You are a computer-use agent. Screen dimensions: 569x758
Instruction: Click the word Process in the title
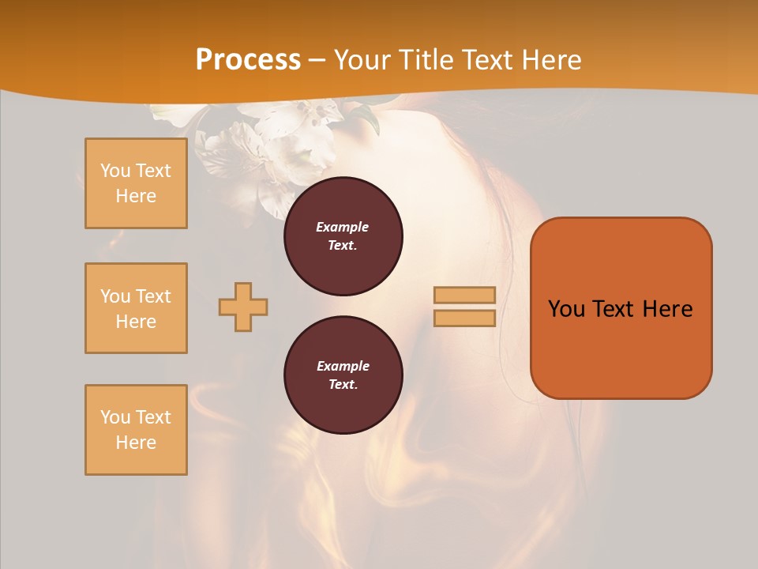pos(248,60)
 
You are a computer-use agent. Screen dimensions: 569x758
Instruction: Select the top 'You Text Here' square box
pos(136,183)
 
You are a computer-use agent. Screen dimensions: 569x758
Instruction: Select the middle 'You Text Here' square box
pos(136,308)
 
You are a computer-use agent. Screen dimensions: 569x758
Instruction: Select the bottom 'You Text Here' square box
pos(136,430)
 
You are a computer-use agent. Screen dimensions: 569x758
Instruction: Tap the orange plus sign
pos(243,307)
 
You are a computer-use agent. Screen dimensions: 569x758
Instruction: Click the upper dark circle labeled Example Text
pos(343,236)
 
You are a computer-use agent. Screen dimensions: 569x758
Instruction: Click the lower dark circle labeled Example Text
pos(343,375)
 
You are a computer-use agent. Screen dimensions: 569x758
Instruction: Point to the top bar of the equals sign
pos(464,295)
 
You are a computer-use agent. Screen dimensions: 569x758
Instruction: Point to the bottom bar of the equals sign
pos(464,318)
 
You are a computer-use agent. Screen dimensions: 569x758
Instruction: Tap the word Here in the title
pos(550,60)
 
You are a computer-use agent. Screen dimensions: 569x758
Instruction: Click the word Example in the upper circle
pos(342,227)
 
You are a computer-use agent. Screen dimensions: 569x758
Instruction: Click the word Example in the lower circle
pos(342,366)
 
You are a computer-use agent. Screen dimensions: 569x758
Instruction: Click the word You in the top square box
pos(114,171)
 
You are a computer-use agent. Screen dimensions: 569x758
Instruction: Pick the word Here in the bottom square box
pos(136,443)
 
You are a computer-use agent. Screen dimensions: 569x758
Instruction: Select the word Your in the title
pos(362,60)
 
